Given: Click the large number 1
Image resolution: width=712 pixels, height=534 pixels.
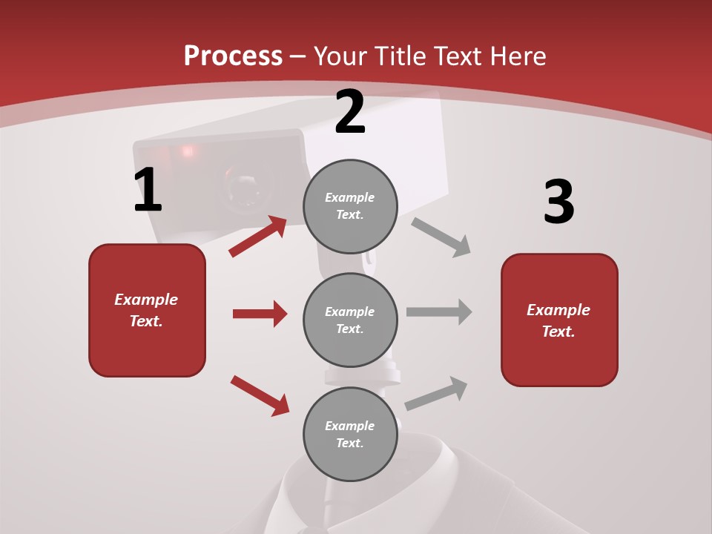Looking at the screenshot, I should pos(148,191).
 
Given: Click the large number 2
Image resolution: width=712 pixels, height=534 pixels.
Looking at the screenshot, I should pos(350,113).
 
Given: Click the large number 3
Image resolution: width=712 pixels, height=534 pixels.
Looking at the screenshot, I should pos(558,202).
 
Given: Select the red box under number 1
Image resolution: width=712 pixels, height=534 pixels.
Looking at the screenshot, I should pos(147,310).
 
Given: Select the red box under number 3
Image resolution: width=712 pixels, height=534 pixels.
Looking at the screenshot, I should pos(559,320).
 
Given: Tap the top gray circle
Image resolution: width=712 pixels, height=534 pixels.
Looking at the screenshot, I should pos(350,206).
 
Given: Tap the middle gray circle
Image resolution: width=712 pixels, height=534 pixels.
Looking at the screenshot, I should pos(350,320).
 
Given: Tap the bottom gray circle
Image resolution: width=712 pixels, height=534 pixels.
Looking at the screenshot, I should pos(350,435).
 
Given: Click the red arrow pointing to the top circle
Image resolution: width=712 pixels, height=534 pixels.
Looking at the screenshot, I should pos(258,236).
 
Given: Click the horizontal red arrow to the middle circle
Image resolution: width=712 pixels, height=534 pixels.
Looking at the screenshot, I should pos(260,314).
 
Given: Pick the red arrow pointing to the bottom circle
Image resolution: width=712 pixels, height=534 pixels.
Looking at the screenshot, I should pos(260,395).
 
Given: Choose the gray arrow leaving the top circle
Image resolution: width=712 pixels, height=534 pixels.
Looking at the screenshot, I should pos(441,237).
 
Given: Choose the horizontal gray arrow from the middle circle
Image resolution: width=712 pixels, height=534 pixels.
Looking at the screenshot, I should pos(439,312).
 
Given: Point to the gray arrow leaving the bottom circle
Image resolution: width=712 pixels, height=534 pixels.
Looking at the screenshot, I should pos(436,394).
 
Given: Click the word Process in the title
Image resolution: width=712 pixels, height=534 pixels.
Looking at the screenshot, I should pos(233,56).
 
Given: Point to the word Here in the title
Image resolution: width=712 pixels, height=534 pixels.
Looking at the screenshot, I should pos(518,56).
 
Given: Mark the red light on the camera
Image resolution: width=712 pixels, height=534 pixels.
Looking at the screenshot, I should pos(186,151).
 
